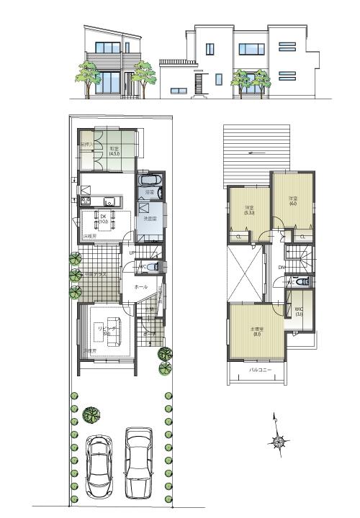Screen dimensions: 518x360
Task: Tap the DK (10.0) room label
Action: click(x=102, y=219)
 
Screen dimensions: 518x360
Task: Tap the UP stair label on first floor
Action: click(x=131, y=253)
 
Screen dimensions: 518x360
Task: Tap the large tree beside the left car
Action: click(x=91, y=415)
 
